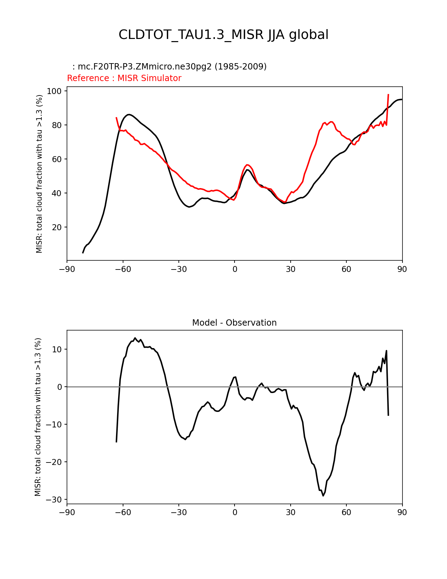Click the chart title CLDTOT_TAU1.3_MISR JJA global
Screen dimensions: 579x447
pos(223,35)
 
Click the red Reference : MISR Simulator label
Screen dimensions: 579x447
pos(124,78)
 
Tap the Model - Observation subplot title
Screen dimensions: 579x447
pos(234,323)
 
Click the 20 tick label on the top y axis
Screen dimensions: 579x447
pos(56,227)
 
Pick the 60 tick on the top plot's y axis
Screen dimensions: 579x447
pos(56,159)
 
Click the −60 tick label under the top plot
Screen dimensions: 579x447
pos(123,269)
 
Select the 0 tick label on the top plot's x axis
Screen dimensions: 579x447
pos(235,269)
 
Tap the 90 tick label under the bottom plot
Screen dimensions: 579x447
pos(402,513)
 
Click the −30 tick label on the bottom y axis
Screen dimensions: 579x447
pos(54,500)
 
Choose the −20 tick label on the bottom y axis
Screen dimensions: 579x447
pos(54,462)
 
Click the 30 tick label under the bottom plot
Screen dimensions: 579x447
pos(290,513)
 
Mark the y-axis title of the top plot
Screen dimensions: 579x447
pos(39,174)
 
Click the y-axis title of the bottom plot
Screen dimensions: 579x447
pos(38,417)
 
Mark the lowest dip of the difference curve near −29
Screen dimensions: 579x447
pos(323,495)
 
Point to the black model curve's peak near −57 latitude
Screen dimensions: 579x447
pos(129,114)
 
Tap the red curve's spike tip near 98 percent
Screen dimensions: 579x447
pos(388,94)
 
